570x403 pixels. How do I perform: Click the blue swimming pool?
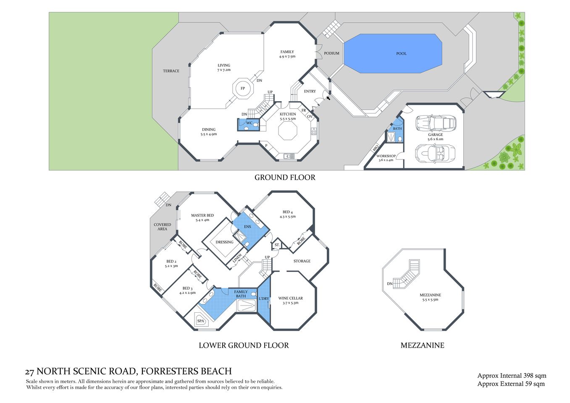(393, 54)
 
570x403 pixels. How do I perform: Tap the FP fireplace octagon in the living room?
(243, 89)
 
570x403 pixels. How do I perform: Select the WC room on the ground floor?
(249, 123)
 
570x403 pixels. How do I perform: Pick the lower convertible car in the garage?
(435, 153)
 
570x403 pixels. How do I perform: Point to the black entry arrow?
(328, 98)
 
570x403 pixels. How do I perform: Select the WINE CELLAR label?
(290, 298)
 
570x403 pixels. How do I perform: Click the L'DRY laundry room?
(264, 299)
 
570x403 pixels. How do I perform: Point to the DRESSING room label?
(224, 242)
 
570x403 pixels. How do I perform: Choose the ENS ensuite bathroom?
(247, 227)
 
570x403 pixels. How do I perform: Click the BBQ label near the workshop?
(376, 148)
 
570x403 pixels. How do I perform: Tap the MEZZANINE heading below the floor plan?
(422, 345)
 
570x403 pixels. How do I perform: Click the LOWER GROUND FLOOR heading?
(244, 345)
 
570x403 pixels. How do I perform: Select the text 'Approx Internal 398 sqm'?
(512, 376)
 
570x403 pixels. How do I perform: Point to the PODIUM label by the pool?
(331, 53)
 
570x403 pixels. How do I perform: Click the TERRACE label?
(171, 71)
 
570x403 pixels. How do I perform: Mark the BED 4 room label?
(288, 212)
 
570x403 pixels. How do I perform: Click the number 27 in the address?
(29, 372)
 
